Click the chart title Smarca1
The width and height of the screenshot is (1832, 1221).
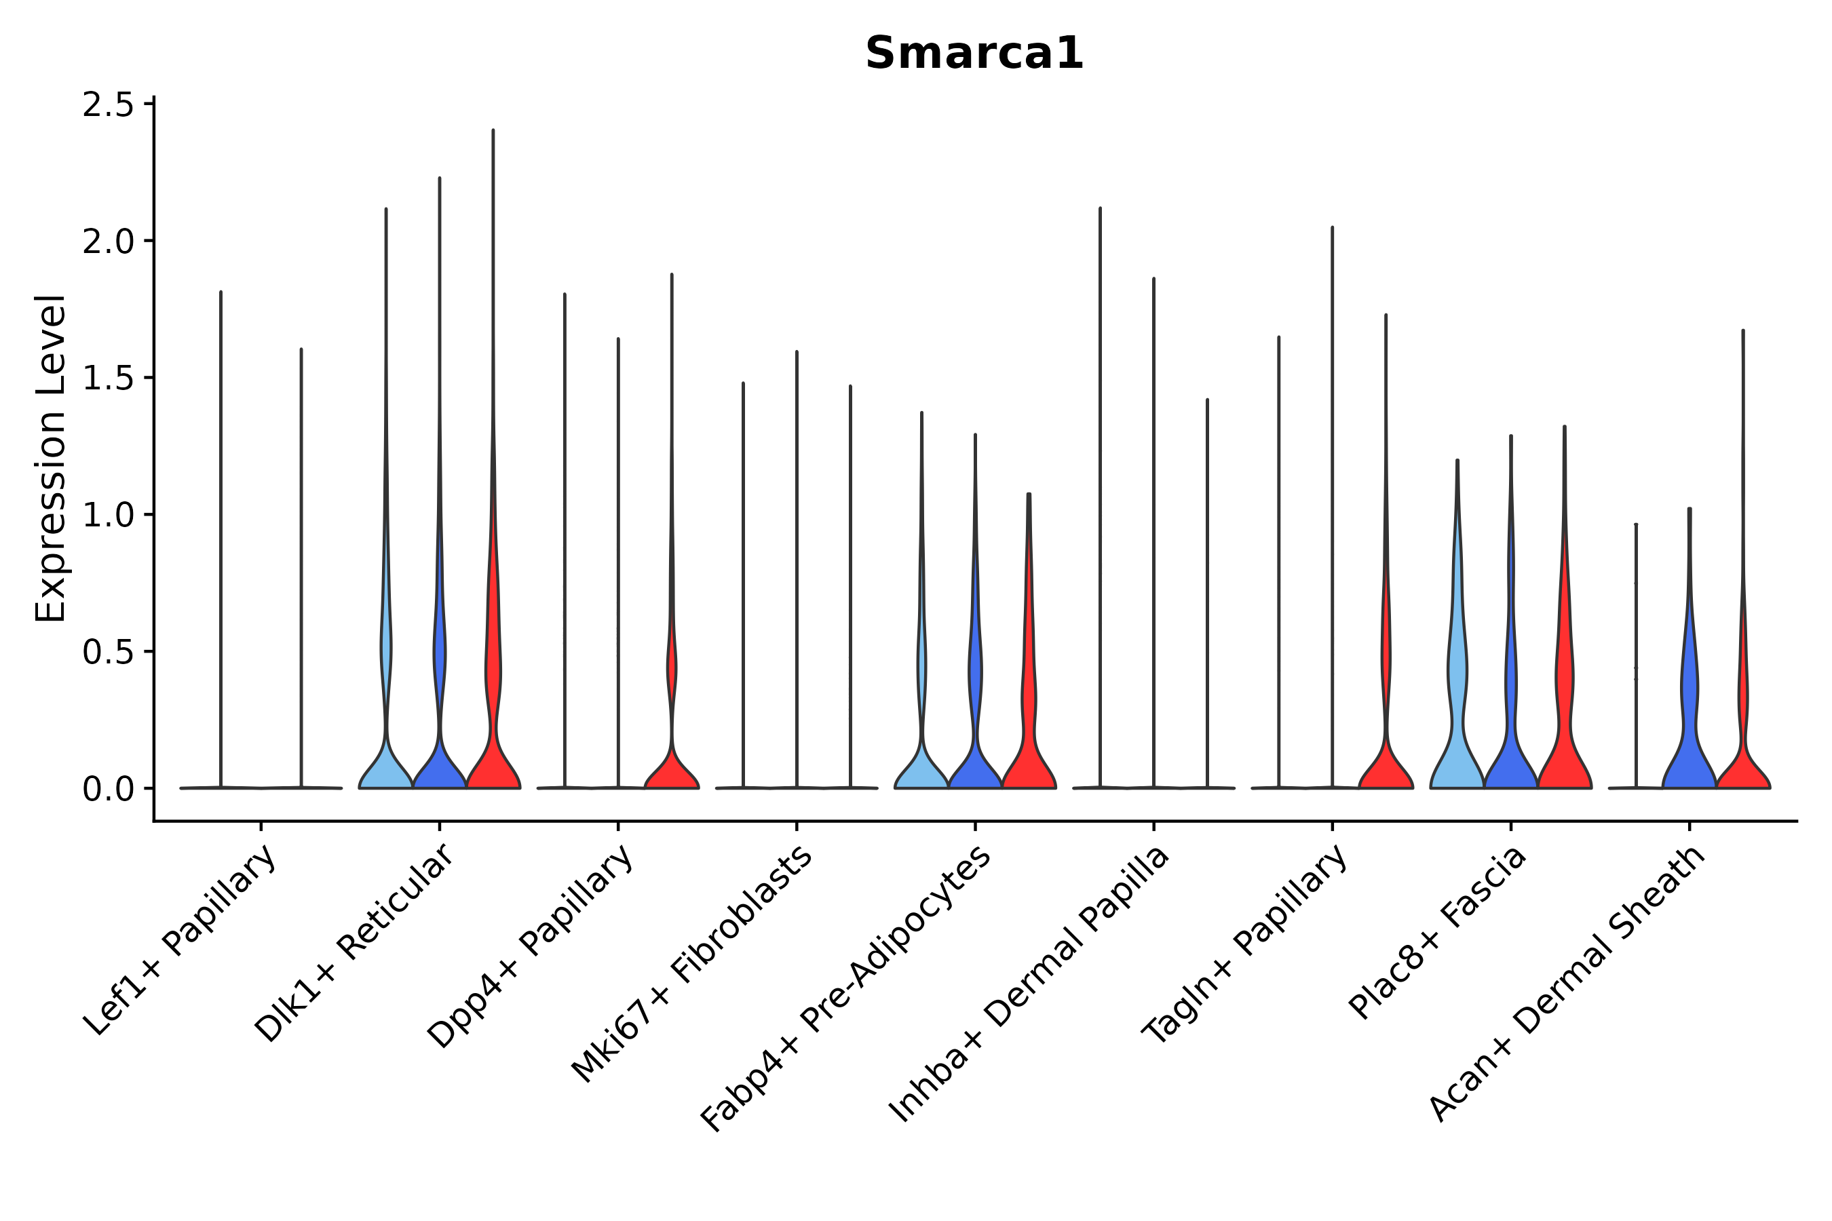974,54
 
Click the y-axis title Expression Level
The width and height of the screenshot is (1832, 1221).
52,458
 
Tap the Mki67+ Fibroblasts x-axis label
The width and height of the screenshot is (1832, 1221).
693,965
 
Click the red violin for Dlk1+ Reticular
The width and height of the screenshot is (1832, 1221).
493,748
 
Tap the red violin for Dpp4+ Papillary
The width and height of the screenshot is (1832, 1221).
672,767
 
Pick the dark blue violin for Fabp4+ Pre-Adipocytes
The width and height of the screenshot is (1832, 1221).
975,748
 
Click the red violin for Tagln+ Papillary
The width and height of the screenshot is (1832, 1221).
1386,763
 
